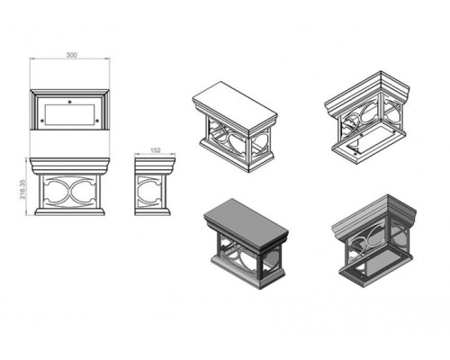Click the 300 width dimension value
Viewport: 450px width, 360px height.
click(72, 55)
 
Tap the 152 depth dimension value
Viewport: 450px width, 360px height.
click(155, 150)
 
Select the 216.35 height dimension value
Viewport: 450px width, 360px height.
click(22, 189)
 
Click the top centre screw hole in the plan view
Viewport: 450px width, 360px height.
click(69, 102)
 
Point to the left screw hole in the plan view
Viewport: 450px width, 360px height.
click(42, 121)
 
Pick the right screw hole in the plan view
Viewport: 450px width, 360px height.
click(97, 121)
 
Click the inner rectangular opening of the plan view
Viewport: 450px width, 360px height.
click(69, 114)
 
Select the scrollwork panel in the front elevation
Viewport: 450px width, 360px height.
click(69, 192)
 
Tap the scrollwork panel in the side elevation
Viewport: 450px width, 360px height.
click(149, 192)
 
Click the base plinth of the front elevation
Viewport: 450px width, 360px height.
click(69, 211)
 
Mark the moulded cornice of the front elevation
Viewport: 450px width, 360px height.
click(69, 166)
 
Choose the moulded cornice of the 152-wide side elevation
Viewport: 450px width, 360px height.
click(155, 166)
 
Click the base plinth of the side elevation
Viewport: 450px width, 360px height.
click(152, 211)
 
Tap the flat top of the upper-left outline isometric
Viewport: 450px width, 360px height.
click(235, 103)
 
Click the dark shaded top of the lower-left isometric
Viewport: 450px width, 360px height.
click(246, 221)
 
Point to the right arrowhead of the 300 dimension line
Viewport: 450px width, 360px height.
click(107, 59)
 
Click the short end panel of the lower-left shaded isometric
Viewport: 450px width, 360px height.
click(272, 263)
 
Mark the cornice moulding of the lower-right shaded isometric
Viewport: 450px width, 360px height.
click(373, 216)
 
